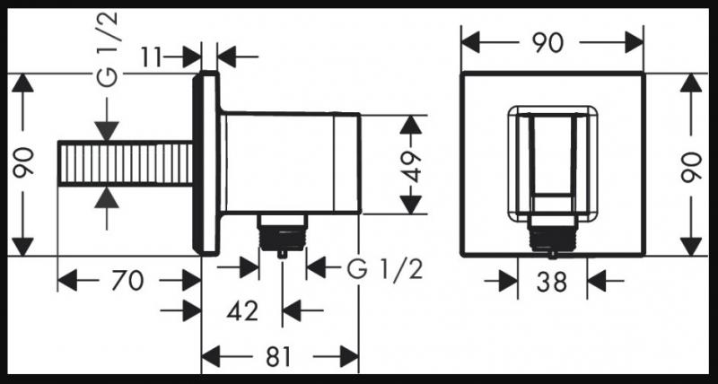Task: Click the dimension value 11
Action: coord(152,57)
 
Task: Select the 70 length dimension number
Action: coord(127,281)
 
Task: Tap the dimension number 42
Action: coord(242,311)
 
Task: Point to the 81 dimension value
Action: coord(278,356)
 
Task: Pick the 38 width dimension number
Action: coord(552,282)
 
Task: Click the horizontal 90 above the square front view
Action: coord(547,43)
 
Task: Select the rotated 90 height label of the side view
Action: coord(23,162)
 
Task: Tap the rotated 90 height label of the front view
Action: coord(691,168)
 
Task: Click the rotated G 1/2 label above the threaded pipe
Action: coord(108,49)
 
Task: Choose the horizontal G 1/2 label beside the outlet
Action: coord(385,270)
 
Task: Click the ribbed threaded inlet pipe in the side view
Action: coord(126,164)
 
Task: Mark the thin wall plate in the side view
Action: coord(206,163)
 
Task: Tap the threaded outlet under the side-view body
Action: coord(282,234)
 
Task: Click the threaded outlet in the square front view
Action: coord(552,236)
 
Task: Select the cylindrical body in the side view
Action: coord(290,163)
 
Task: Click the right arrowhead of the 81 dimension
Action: coord(349,356)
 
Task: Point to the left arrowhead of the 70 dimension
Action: coord(67,281)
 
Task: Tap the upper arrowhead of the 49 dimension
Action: coord(411,125)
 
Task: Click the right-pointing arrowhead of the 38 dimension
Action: coord(508,281)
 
